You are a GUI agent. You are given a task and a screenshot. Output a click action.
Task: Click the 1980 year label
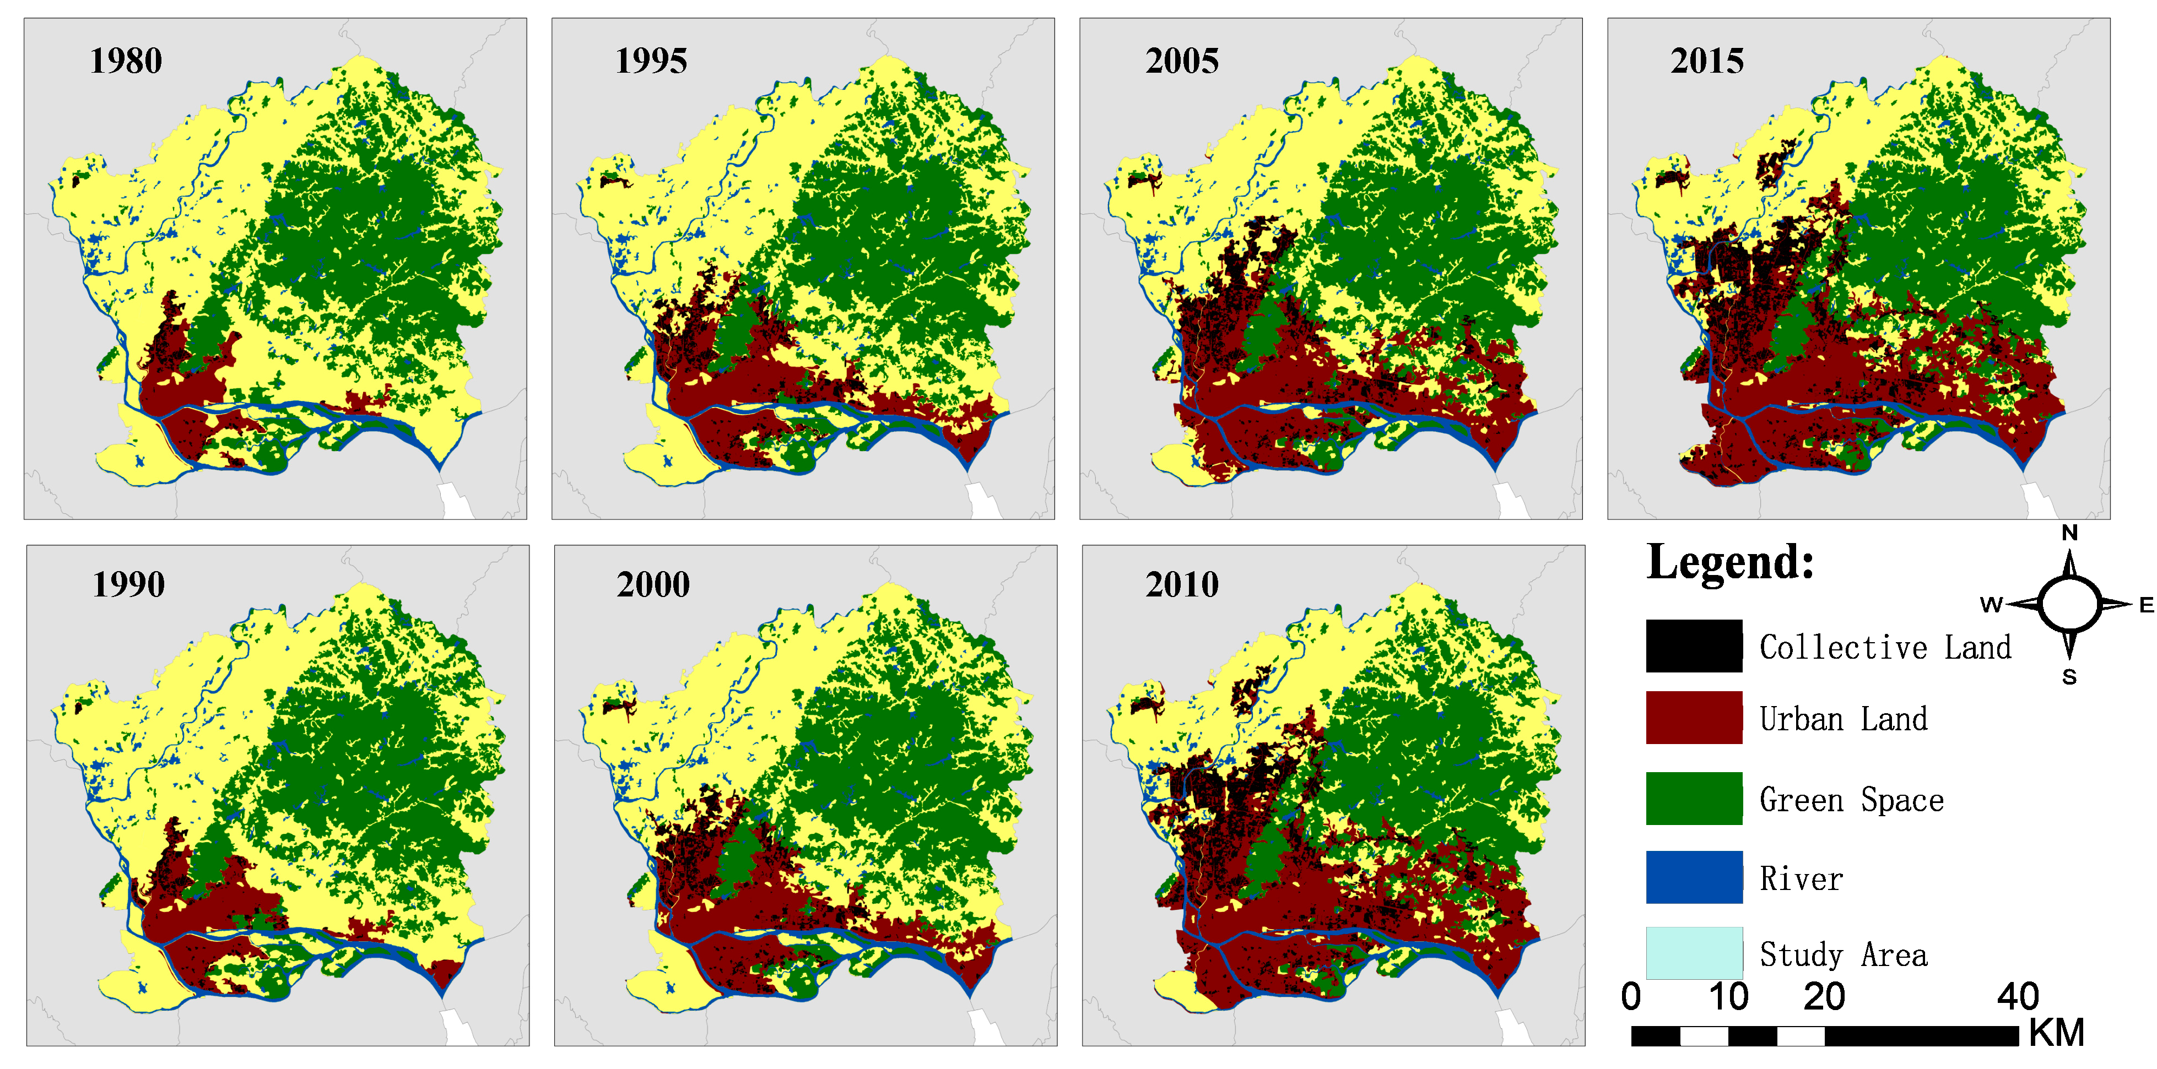click(x=126, y=61)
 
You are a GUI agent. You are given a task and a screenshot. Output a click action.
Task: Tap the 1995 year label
click(x=651, y=61)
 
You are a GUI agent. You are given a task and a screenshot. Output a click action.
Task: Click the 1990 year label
click(x=128, y=584)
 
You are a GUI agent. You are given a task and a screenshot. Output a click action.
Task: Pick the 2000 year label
click(x=653, y=584)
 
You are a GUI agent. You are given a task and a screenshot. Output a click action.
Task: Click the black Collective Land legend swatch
click(x=1693, y=645)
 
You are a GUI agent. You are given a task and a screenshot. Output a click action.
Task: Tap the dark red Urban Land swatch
click(x=1693, y=718)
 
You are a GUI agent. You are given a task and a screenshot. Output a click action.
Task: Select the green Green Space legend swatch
click(x=1693, y=798)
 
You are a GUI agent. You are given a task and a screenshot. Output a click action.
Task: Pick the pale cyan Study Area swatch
click(x=1693, y=953)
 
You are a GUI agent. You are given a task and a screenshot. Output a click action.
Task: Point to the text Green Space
click(x=1851, y=800)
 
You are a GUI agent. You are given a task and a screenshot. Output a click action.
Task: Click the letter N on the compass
click(x=2069, y=533)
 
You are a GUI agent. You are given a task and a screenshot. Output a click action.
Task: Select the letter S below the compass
click(x=2069, y=677)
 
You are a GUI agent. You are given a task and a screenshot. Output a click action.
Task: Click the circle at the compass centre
click(x=2069, y=604)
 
